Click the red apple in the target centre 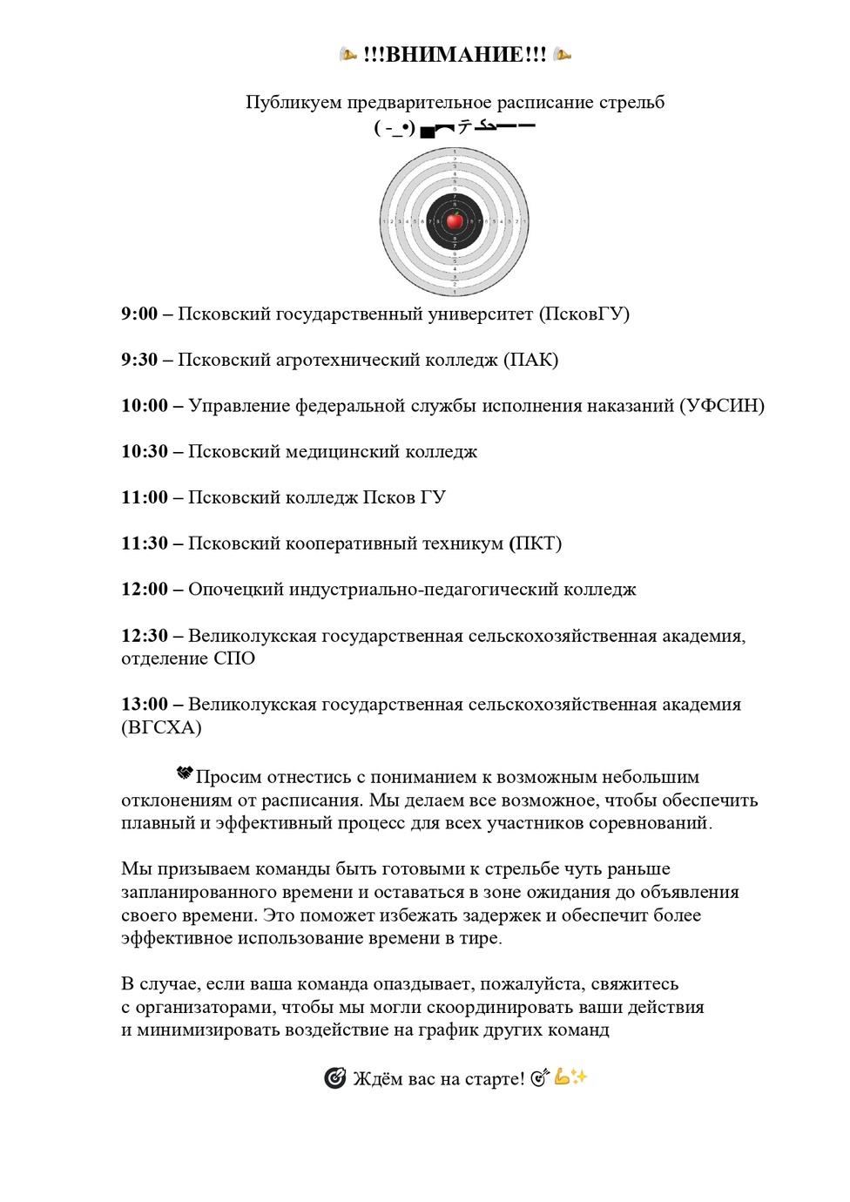pyautogui.click(x=455, y=220)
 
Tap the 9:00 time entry pyautogui.click(x=139, y=314)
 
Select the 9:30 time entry pyautogui.click(x=139, y=360)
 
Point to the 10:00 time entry pyautogui.click(x=145, y=406)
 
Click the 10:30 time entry pyautogui.click(x=145, y=452)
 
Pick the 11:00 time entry pyautogui.click(x=145, y=498)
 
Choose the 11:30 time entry pyautogui.click(x=145, y=544)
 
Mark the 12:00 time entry pyautogui.click(x=145, y=590)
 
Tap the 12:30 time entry pyautogui.click(x=145, y=636)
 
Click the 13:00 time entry pyautogui.click(x=145, y=705)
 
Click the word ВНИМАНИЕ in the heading pyautogui.click(x=454, y=55)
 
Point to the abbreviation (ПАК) pyautogui.click(x=531, y=360)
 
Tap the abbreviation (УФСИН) pyautogui.click(x=722, y=406)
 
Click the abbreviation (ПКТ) pyautogui.click(x=536, y=544)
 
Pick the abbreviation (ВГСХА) pyautogui.click(x=161, y=728)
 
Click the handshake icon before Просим pyautogui.click(x=184, y=773)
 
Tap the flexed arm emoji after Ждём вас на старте pyautogui.click(x=562, y=1077)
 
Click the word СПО pyautogui.click(x=234, y=658)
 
